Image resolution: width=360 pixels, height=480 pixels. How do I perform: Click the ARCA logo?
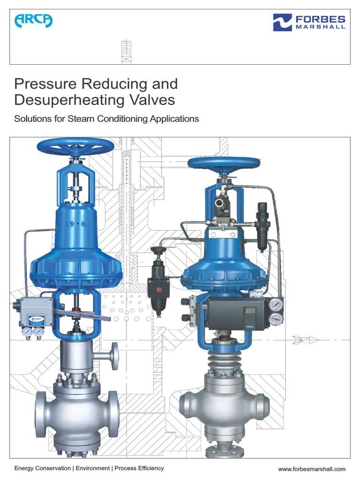(x=33, y=21)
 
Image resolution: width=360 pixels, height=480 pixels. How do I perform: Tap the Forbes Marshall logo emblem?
(x=282, y=22)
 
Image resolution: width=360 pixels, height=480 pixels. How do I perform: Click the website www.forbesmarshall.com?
(x=312, y=469)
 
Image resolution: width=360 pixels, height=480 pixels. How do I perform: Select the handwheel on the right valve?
(x=224, y=163)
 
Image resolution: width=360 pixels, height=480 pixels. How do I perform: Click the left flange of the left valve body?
(x=40, y=412)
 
